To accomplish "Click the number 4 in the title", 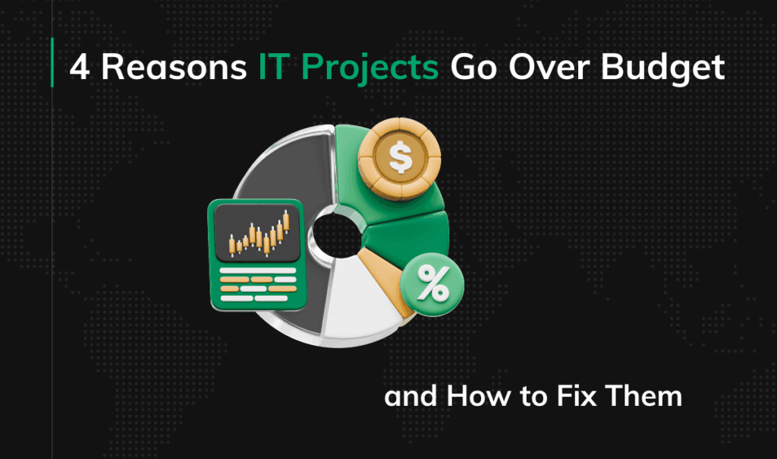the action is click(x=79, y=67).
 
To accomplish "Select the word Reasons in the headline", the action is click(x=174, y=67).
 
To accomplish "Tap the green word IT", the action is click(x=272, y=67).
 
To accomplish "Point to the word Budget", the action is click(x=663, y=68).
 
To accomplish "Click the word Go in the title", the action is click(x=473, y=67).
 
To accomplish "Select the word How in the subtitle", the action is click(x=478, y=396).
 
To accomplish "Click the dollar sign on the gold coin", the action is click(x=400, y=157).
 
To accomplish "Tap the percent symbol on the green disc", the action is click(x=433, y=284).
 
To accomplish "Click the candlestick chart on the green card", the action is click(x=258, y=233).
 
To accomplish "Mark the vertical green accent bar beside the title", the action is click(x=52, y=62).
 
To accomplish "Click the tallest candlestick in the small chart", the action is click(x=286, y=221).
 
